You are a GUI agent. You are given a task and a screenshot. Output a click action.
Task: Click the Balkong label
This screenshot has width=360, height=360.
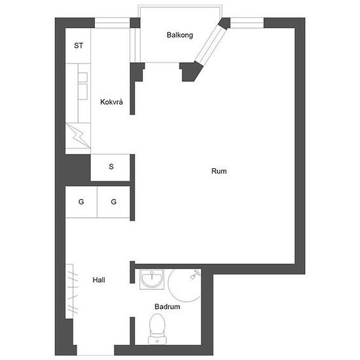pos(180,35)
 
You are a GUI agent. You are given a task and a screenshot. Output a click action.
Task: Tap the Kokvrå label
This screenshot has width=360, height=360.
pos(111,101)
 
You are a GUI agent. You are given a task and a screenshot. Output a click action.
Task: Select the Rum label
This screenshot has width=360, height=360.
pos(219,171)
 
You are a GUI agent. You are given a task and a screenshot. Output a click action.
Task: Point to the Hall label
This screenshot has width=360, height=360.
pos(99,280)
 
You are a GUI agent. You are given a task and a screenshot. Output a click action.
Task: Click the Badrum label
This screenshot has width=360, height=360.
pos(167,306)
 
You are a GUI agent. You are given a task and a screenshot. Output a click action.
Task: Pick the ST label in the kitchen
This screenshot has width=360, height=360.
pos(79,46)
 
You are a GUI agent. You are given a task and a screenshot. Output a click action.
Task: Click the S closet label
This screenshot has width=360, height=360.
pos(111,166)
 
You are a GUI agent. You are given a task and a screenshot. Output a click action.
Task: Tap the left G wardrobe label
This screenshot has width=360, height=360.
pos(81,202)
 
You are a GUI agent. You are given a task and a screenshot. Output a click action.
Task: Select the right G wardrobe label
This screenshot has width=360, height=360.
pos(114,202)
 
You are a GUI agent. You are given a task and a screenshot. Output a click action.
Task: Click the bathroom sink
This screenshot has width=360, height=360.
pos(152,279)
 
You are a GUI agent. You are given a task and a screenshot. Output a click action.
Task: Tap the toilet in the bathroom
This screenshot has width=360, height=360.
pos(157,329)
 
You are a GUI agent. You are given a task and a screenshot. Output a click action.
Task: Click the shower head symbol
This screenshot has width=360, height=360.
pos(194,274)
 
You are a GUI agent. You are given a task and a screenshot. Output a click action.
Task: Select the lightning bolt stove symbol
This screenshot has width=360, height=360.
pos(78,136)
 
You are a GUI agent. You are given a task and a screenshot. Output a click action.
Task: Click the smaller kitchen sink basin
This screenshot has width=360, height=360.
pos(82,77)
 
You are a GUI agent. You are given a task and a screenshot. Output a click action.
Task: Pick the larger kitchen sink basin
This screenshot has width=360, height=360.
pos(82,92)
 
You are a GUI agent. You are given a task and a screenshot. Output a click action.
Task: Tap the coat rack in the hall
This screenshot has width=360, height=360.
pos(72,291)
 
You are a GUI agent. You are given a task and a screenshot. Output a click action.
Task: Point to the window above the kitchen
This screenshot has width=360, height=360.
pos(113,23)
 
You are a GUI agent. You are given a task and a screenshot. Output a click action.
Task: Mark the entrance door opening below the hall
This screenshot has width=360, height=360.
pos(96,350)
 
